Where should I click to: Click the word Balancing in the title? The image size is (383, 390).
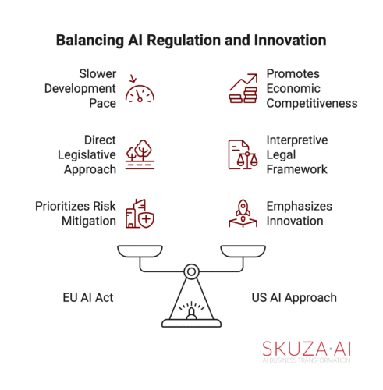tap(90, 41)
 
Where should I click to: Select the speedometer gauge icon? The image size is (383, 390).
tap(140, 88)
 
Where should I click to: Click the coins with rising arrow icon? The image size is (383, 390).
tap(243, 88)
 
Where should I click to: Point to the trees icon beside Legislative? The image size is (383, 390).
tap(140, 154)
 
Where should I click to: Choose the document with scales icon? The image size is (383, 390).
tap(243, 154)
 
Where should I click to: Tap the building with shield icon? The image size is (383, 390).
tap(140, 214)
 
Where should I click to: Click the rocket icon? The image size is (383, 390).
tap(243, 214)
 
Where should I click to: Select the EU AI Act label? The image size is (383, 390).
tap(88, 297)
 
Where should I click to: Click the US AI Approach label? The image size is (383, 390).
tap(294, 298)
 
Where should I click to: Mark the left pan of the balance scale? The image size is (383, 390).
tap(140, 251)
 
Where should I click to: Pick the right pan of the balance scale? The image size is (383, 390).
tap(243, 251)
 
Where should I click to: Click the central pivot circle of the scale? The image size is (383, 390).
tap(192, 268)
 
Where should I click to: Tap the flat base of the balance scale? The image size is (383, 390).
tap(192, 323)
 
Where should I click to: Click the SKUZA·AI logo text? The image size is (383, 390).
tap(307, 349)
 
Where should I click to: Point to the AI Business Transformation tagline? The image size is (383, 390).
tap(307, 360)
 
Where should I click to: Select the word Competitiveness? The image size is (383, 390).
tap(312, 104)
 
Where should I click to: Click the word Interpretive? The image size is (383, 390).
tap(297, 140)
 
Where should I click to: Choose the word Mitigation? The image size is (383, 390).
tap(89, 222)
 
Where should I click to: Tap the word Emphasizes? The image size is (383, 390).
tap(300, 207)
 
